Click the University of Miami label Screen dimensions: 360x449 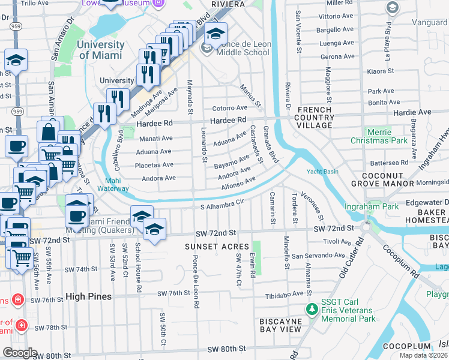click(101, 50)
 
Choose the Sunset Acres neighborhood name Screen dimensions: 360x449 click(217, 247)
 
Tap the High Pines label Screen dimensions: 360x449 click(84, 296)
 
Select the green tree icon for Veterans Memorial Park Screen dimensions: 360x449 click(312, 309)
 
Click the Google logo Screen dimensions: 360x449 click(20, 353)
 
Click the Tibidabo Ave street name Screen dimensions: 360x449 click(285, 294)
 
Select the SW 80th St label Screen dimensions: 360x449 click(226, 349)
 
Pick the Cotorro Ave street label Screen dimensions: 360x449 click(230, 109)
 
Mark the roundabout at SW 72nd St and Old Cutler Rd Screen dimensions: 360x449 click(366, 227)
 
